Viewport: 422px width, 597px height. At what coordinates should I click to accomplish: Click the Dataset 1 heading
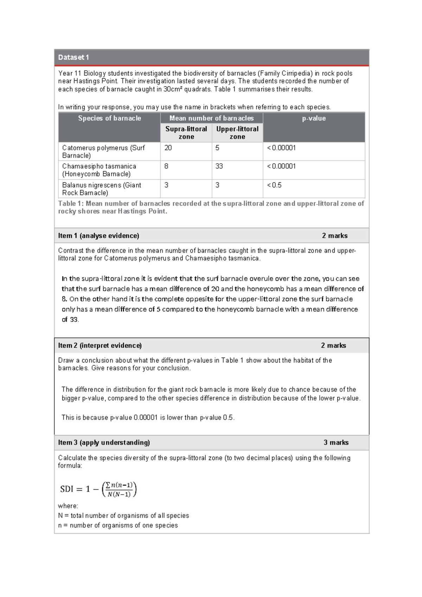73,57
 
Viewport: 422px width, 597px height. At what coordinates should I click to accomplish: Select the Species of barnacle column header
109,119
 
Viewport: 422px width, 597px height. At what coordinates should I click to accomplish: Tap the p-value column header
314,119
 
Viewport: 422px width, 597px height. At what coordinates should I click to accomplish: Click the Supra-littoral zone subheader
186,133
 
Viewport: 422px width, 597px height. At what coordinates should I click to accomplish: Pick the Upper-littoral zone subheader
237,133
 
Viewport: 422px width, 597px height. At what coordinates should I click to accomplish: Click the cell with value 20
168,148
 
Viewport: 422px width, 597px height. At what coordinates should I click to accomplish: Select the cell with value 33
219,166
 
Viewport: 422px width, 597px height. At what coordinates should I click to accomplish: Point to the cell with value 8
166,166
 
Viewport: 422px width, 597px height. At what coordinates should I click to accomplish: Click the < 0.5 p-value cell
274,185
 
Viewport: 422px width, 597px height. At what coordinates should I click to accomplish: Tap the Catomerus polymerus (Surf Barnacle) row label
103,152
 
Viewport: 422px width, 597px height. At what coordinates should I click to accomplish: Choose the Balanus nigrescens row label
101,189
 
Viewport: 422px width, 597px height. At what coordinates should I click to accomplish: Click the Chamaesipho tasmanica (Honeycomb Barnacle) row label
99,170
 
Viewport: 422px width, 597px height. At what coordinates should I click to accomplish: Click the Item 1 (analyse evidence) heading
98,236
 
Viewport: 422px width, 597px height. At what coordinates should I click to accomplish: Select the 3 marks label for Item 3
336,442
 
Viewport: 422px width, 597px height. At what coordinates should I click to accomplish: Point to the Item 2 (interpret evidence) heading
100,346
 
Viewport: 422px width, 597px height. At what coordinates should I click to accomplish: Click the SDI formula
98,489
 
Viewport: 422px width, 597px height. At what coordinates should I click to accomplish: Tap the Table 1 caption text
211,207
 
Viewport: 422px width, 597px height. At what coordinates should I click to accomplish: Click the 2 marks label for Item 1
334,236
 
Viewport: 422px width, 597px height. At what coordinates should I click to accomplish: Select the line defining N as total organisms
123,516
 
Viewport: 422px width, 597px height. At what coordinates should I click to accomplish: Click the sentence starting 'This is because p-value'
148,418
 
